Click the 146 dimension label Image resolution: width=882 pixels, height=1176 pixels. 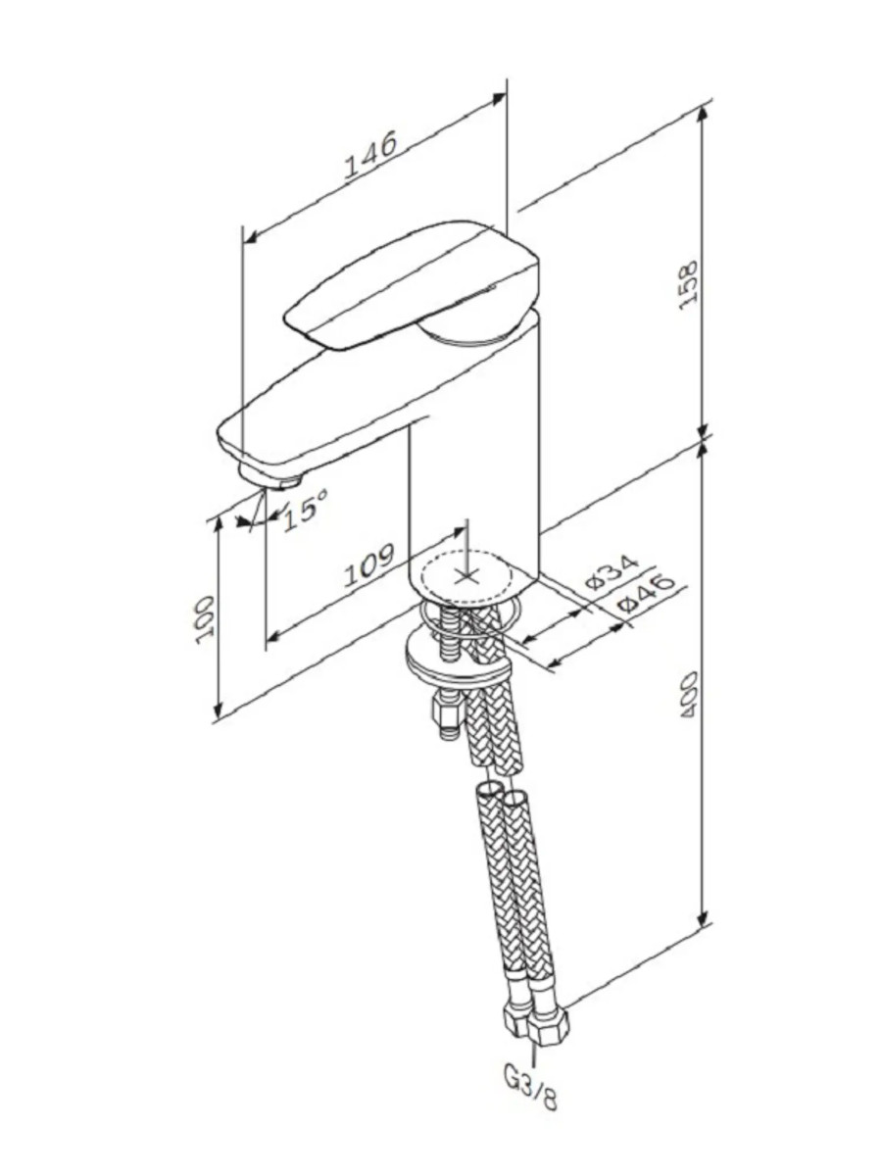[371, 154]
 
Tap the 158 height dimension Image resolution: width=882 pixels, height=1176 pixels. [688, 284]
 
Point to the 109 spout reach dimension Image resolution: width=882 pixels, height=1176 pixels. [369, 565]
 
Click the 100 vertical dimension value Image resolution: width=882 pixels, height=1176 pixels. [205, 620]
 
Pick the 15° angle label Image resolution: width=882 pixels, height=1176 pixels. [305, 510]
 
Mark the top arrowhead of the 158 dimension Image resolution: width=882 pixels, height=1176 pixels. [705, 114]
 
